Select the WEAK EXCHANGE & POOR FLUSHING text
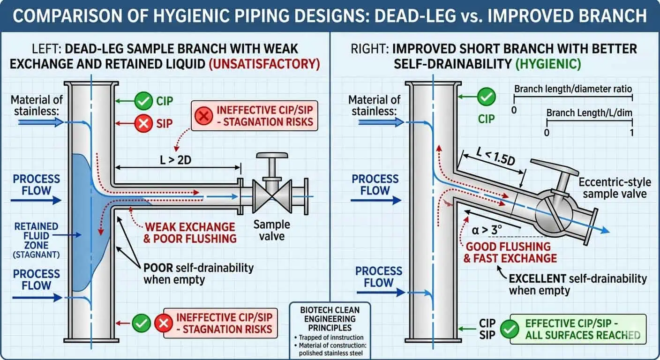pyautogui.click(x=190, y=232)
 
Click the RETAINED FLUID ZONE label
pyautogui.click(x=37, y=236)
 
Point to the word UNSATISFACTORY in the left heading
pyautogui.click(x=266, y=64)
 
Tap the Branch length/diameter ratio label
pyautogui.click(x=573, y=89)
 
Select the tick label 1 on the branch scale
pyautogui.click(x=632, y=133)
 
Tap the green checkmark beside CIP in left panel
pyautogui.click(x=143, y=100)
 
